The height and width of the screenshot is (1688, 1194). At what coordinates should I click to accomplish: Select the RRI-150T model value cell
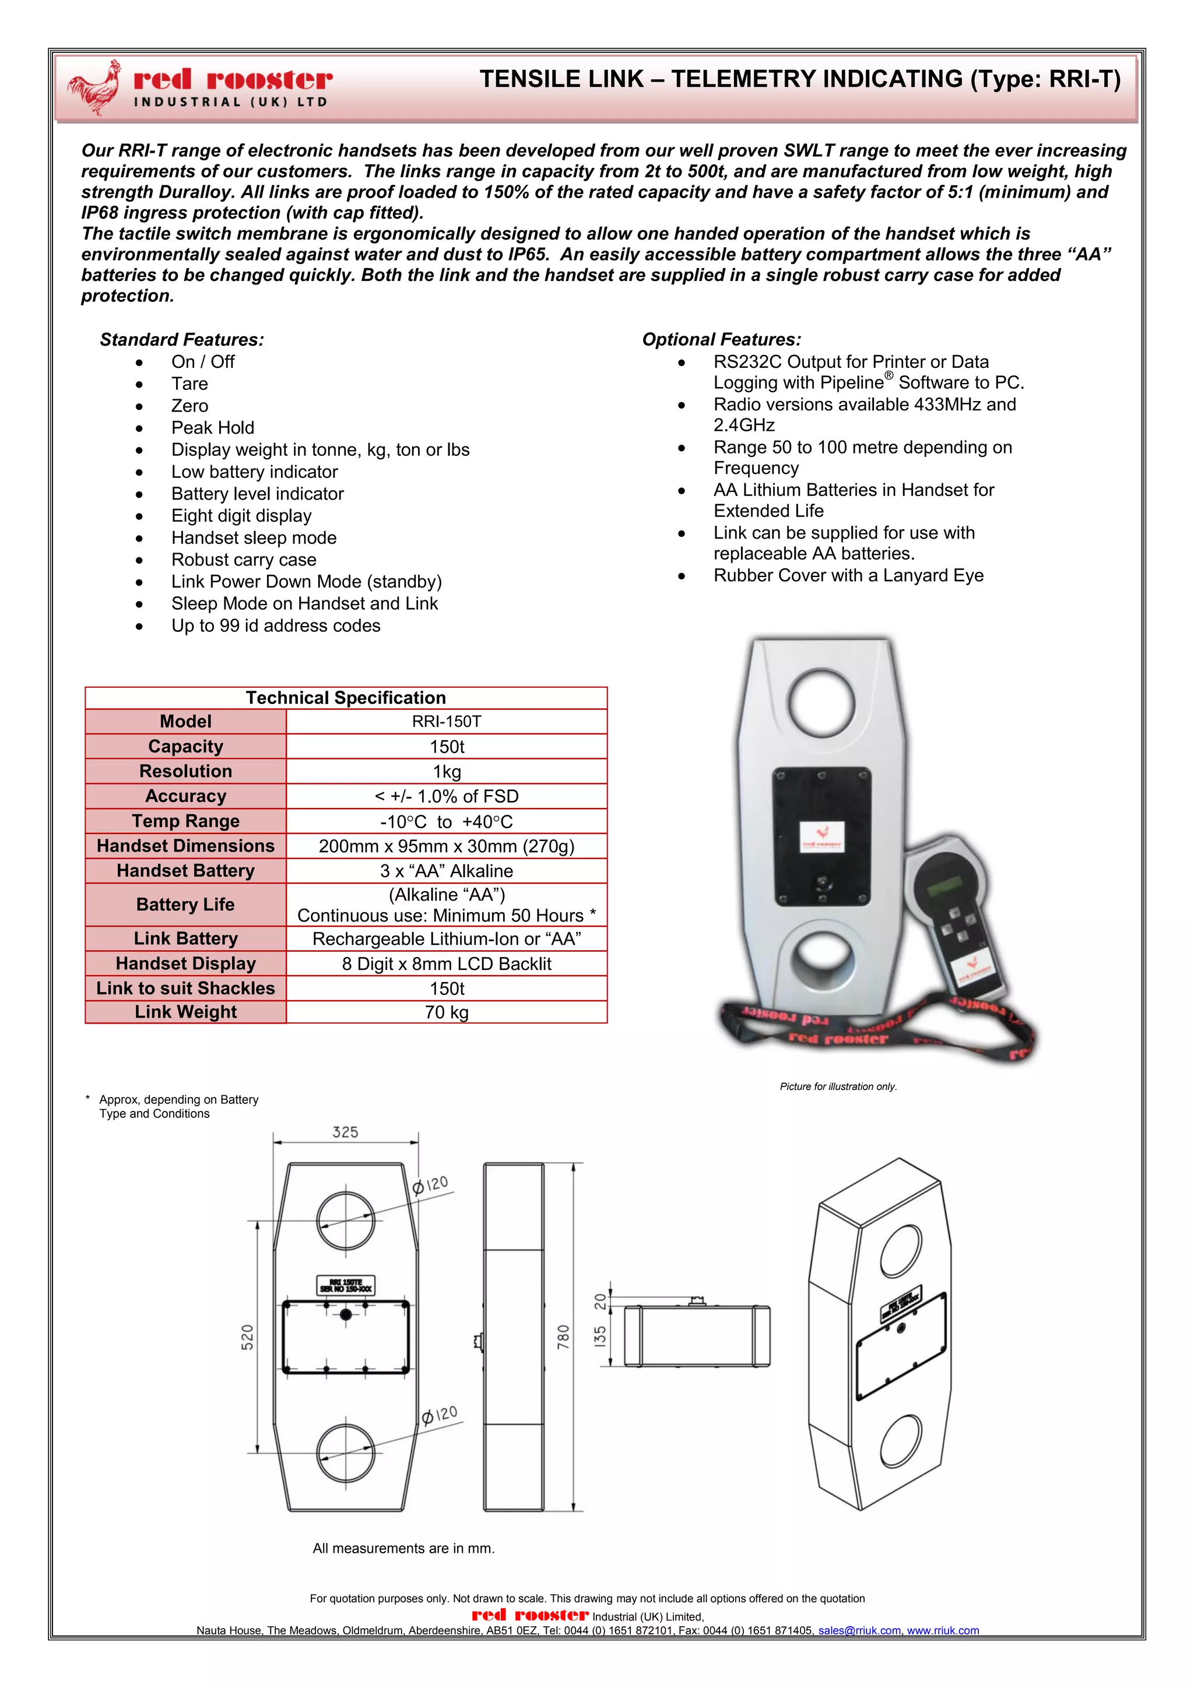446,721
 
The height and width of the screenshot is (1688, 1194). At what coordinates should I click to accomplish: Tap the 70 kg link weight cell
446,1012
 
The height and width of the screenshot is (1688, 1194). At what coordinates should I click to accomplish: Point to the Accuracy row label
185,796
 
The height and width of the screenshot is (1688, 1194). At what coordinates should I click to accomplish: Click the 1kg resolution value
446,771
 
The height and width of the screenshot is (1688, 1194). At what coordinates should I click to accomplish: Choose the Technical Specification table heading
346,698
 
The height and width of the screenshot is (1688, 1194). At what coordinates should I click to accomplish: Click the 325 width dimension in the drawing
345,1132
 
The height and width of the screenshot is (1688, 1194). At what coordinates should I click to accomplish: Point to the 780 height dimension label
563,1337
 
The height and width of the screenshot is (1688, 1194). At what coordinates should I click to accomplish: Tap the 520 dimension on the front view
247,1337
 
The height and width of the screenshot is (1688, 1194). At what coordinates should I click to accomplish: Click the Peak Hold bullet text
212,428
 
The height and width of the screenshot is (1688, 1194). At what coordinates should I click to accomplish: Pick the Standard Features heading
181,340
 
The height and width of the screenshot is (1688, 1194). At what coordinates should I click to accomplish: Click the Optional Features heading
721,340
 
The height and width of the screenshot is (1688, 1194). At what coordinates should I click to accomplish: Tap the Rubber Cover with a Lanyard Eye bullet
848,576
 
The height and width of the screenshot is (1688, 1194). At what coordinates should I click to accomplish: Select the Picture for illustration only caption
838,1086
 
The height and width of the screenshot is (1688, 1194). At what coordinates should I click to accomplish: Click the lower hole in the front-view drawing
346,1453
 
